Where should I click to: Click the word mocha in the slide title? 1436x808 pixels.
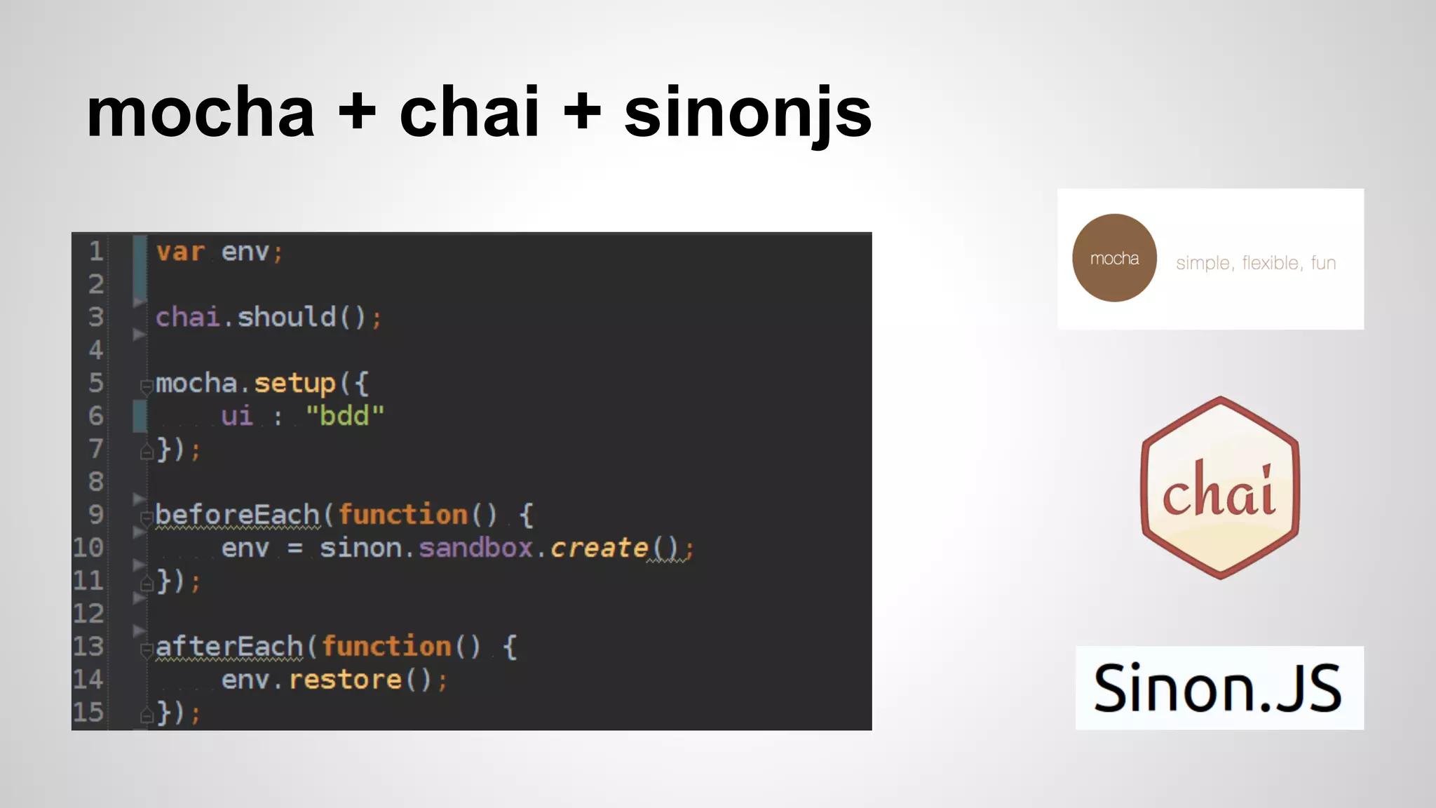pos(201,113)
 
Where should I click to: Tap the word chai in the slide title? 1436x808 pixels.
pos(469,113)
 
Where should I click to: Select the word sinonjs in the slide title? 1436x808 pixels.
pos(747,113)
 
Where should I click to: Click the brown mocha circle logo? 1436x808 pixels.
pos(1114,258)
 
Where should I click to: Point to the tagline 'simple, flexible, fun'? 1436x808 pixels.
pos(1256,263)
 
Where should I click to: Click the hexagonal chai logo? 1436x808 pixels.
pos(1220,488)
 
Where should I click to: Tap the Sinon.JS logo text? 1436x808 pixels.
pos(1218,689)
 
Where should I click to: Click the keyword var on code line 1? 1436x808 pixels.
pos(180,252)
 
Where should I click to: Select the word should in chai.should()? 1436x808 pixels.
pos(286,317)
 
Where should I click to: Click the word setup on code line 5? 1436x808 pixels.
pos(294,383)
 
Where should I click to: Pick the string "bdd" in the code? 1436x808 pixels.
pos(345,416)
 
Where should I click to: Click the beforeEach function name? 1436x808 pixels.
pos(237,515)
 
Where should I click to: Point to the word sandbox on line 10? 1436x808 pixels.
pos(475,548)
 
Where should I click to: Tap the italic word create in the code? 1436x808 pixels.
pos(599,548)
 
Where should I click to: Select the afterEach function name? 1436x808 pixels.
pos(229,647)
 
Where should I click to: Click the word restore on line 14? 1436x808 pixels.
pos(345,680)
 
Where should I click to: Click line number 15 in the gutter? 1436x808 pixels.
pos(88,713)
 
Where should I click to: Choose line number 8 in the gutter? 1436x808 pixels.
pos(96,482)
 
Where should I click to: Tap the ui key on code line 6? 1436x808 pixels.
pos(237,416)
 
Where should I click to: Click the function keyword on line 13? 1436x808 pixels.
pos(386,647)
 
